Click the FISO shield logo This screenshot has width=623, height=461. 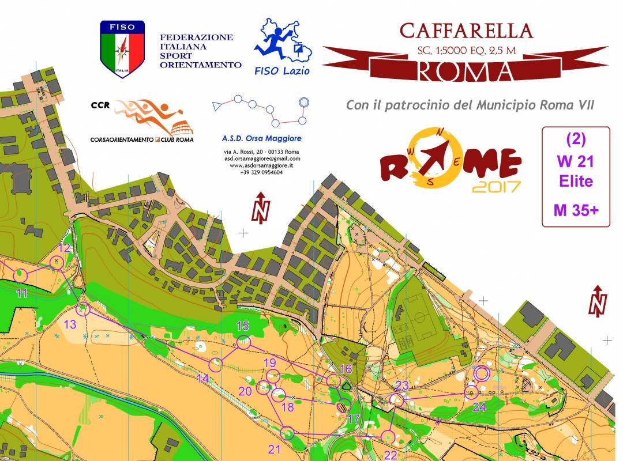[x=122, y=48]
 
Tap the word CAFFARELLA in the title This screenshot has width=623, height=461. [x=466, y=30]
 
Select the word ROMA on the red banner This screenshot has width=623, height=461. [x=465, y=71]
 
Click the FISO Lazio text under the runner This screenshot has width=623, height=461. [x=282, y=70]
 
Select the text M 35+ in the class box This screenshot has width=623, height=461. [x=576, y=210]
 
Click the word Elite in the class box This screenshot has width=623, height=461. [x=576, y=182]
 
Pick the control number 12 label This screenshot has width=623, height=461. [x=65, y=248]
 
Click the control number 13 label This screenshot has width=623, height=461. [x=70, y=324]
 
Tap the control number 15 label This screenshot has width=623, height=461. [x=242, y=326]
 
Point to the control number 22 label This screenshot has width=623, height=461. [x=391, y=455]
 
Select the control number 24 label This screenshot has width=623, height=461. [x=479, y=407]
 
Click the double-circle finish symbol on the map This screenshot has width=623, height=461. [x=481, y=374]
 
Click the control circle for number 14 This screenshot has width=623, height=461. [x=216, y=364]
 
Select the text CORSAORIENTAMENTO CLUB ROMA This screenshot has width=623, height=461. [x=142, y=139]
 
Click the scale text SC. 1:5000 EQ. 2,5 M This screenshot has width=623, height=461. [x=466, y=50]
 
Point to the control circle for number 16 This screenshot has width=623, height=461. [x=333, y=380]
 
